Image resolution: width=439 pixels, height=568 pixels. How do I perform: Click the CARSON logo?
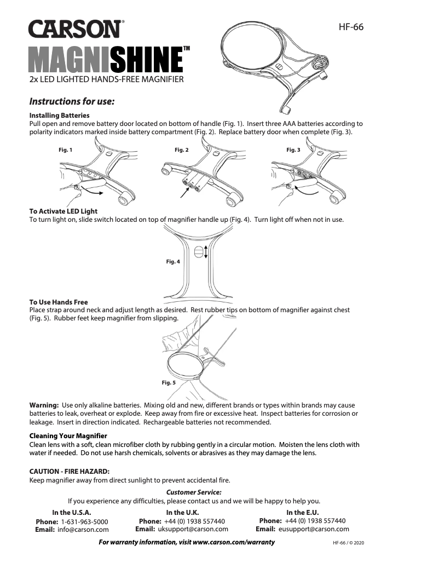click(76, 31)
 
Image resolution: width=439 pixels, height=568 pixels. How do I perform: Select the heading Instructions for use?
click(71, 101)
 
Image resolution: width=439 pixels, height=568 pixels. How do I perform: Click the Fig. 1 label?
click(65, 150)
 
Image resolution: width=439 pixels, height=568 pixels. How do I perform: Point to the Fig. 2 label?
click(181, 150)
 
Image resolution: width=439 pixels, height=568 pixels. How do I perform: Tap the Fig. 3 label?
click(293, 150)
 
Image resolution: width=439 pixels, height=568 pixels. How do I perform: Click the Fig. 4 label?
click(173, 262)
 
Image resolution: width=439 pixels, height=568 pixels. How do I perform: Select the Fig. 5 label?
click(169, 382)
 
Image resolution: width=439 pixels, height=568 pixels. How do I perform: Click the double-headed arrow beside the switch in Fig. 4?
click(206, 252)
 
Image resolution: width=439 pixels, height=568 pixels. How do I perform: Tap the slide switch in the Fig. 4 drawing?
click(199, 252)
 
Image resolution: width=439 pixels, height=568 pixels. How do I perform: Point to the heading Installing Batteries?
click(59, 116)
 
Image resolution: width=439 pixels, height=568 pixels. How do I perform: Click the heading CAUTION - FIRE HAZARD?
click(69, 471)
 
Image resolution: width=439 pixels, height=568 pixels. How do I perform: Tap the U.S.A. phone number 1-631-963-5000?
click(84, 521)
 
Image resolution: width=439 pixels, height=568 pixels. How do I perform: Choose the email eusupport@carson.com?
click(314, 529)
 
